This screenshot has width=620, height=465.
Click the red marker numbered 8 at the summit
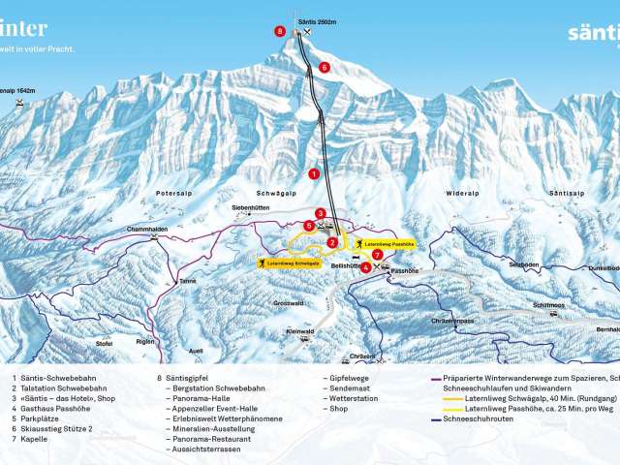tap(280, 32)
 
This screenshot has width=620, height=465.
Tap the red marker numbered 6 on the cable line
tap(325, 67)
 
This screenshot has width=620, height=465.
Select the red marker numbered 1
tap(314, 173)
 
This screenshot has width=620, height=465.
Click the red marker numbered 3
tap(320, 213)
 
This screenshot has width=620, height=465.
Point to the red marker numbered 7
tap(377, 254)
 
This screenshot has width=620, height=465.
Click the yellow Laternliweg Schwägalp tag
tap(288, 262)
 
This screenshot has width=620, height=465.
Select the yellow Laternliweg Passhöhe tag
tap(389, 244)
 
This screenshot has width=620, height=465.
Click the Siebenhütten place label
tap(250, 207)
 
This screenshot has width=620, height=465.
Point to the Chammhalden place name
tap(147, 231)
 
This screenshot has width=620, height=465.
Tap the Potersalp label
tap(170, 194)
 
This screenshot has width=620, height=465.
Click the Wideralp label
tap(463, 194)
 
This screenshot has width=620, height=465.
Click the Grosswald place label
tap(289, 303)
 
